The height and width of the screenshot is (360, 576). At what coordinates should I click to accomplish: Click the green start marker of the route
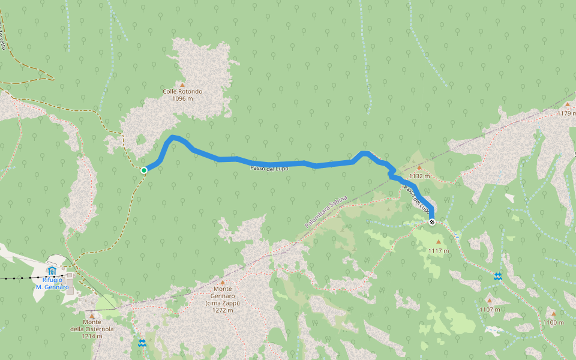[144, 170]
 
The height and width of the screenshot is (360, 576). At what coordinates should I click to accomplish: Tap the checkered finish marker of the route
[432, 223]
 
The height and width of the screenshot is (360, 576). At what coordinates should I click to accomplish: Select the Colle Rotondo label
[182, 92]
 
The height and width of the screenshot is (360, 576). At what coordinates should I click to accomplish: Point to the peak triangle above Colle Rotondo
[182, 85]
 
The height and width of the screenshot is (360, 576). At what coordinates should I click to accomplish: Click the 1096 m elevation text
[182, 98]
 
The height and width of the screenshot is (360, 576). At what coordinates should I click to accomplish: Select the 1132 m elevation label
[419, 176]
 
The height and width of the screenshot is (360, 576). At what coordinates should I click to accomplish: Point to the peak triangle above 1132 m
[419, 168]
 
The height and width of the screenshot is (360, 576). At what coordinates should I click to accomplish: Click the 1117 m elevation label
[439, 250]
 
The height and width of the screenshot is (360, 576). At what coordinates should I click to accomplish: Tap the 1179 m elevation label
[567, 113]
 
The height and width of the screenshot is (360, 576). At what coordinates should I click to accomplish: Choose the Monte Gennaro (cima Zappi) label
[222, 296]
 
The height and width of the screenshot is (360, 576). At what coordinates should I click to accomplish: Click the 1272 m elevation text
[222, 310]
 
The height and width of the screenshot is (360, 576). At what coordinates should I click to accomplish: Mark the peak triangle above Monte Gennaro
[223, 282]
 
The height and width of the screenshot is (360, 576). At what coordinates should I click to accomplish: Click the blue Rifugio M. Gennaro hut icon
[51, 271]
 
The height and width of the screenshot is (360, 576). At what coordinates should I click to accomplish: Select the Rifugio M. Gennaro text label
[52, 283]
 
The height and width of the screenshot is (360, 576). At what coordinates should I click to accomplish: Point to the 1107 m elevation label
[490, 310]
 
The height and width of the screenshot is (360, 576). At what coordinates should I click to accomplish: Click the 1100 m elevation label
[553, 322]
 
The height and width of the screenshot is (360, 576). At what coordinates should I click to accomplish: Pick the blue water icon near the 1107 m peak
[498, 277]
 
